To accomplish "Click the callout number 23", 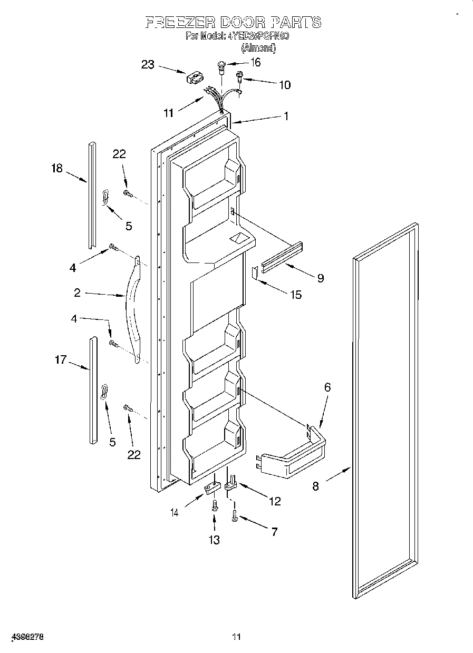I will pyautogui.click(x=148, y=65).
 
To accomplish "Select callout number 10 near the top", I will pyautogui.click(x=284, y=85).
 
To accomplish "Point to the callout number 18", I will pyautogui.click(x=56, y=169).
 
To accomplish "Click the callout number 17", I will pyautogui.click(x=61, y=360).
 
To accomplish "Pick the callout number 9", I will pyautogui.click(x=320, y=278).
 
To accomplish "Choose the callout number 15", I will pyautogui.click(x=296, y=295).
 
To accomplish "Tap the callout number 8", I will pyautogui.click(x=315, y=486).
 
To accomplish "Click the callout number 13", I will pyautogui.click(x=214, y=540).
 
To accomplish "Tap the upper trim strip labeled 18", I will pyautogui.click(x=92, y=195).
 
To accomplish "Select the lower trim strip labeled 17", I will pyautogui.click(x=93, y=390).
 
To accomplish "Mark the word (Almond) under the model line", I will pyautogui.click(x=258, y=48).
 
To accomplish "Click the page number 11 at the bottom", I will pyautogui.click(x=236, y=637).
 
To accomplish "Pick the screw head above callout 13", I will pyautogui.click(x=214, y=506).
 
